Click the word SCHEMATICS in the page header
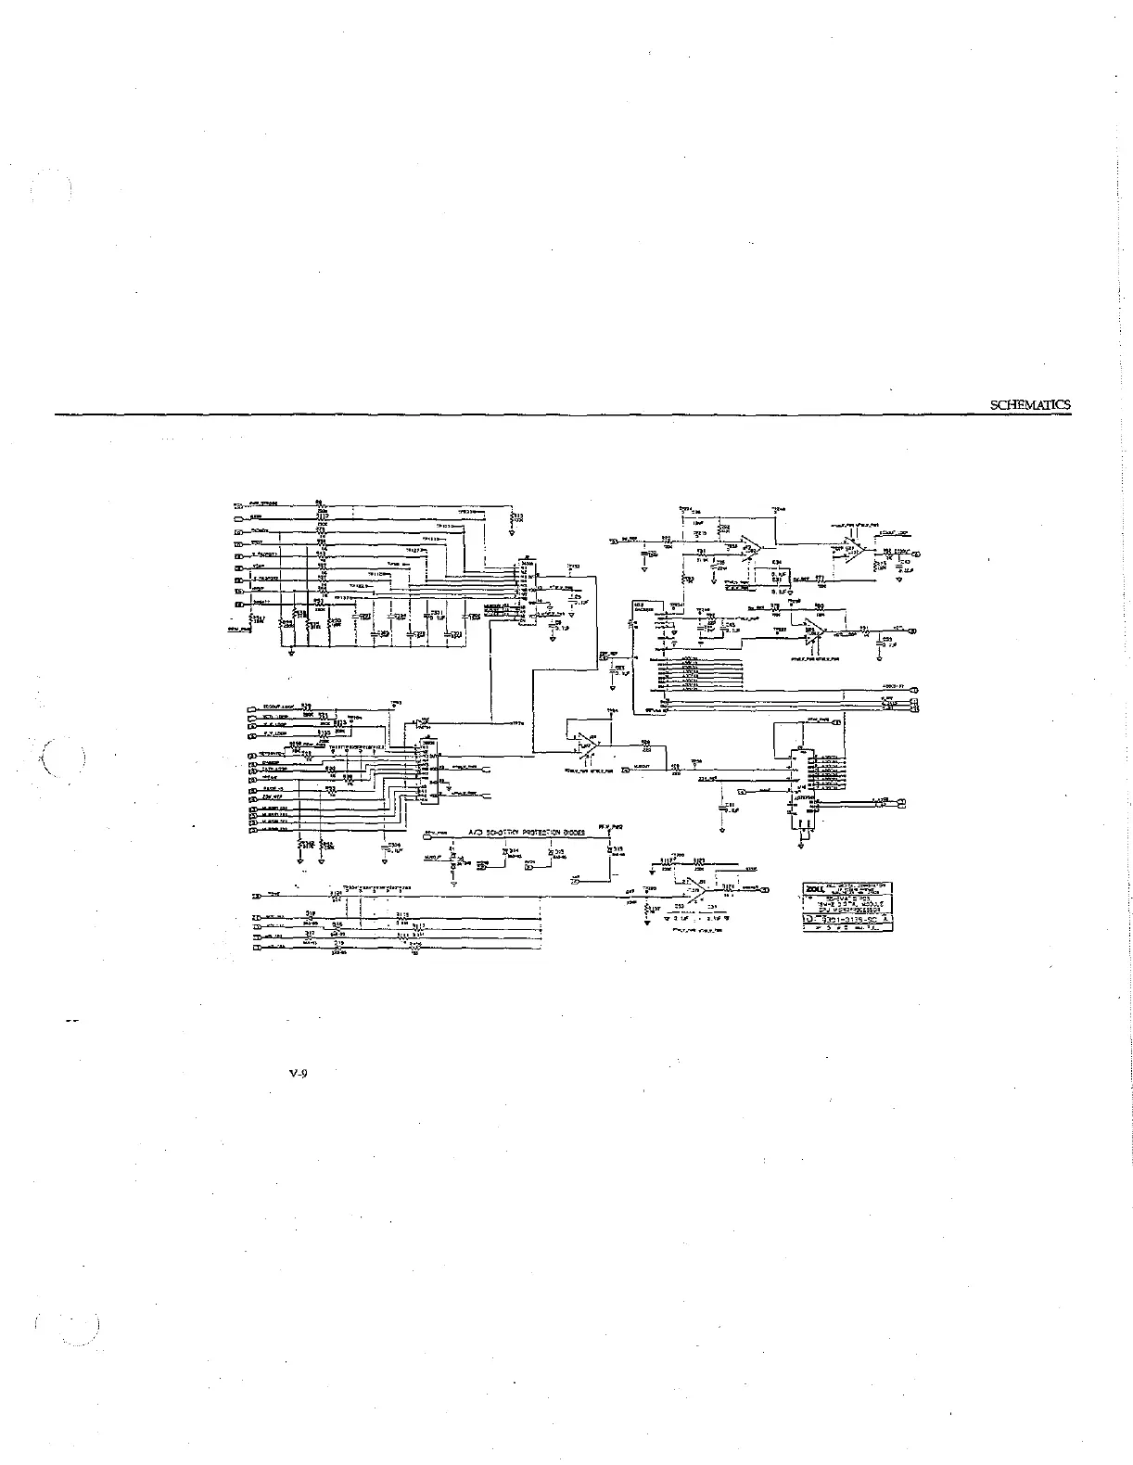coord(1029,404)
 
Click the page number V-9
coord(298,1075)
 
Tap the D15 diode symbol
coord(549,852)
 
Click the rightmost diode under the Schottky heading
coord(610,851)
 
